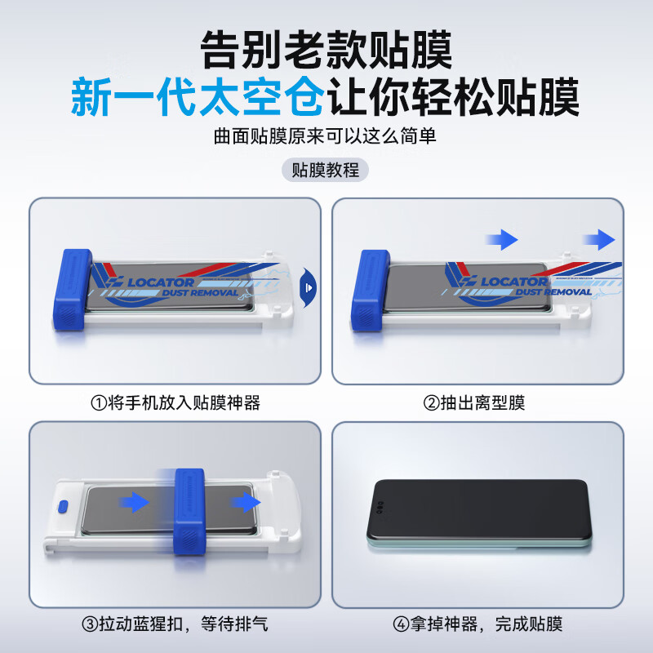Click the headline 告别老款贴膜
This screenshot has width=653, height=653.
(326, 51)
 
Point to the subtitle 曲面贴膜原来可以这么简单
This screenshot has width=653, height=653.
(326, 135)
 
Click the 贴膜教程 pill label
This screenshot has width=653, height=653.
(326, 171)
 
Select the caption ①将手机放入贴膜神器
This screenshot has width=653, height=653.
(175, 402)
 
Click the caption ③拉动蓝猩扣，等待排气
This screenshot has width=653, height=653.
(175, 624)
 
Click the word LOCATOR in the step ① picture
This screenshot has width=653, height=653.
(161, 282)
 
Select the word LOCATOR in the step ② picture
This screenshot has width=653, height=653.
(514, 282)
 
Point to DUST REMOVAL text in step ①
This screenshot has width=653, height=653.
(200, 293)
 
